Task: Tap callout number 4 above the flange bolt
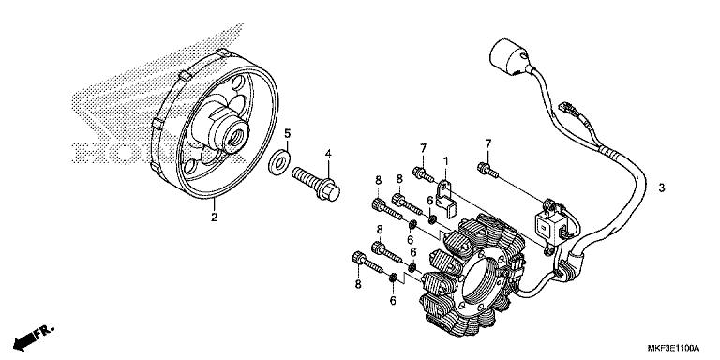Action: coord(328,153)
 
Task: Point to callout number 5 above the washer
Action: coord(288,133)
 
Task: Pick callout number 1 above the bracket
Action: coord(446,161)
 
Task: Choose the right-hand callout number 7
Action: coord(487,142)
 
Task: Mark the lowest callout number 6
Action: coord(393,301)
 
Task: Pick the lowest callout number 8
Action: coord(357,282)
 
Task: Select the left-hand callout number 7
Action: coord(423,149)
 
